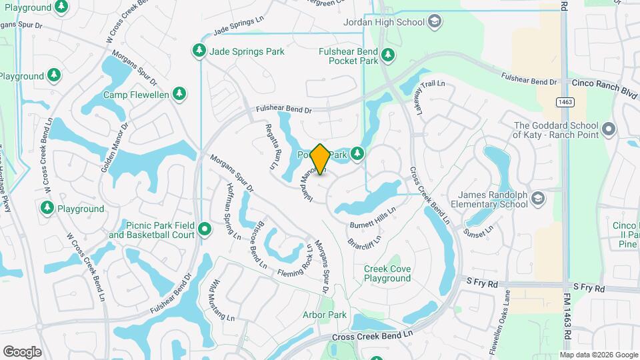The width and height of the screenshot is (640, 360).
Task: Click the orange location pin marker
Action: [320, 159]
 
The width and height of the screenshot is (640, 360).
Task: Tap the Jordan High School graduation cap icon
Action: [435, 22]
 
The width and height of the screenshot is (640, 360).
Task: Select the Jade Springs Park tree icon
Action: [199, 51]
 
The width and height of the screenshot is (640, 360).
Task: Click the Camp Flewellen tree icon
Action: [179, 94]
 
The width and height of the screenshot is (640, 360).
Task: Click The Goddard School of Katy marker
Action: [607, 129]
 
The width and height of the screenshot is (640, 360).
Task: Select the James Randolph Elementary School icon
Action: [539, 196]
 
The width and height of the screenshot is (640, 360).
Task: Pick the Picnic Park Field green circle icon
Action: [205, 230]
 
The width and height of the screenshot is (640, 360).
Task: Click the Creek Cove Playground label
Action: [387, 273]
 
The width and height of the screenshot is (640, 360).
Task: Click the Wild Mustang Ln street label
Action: [223, 300]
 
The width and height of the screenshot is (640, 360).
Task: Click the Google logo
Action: [22, 351]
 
